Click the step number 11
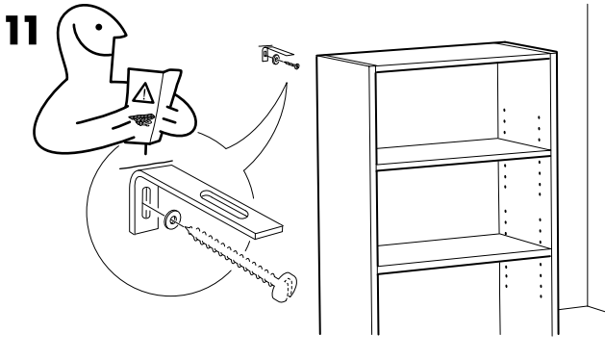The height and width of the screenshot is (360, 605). click(22, 30)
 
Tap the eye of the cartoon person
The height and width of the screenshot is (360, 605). click(99, 27)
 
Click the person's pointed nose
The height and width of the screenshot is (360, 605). click(123, 34)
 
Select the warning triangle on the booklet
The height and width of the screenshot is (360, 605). click(143, 93)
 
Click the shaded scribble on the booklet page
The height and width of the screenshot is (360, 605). click(141, 120)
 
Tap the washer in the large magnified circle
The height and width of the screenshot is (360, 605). click(173, 219)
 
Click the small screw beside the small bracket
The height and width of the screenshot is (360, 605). click(290, 64)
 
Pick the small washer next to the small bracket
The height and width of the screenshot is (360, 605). click(276, 60)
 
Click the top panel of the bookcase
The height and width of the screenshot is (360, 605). click(437, 54)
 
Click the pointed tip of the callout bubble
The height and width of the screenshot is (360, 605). click(287, 83)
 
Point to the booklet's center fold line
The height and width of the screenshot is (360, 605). click(158, 107)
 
